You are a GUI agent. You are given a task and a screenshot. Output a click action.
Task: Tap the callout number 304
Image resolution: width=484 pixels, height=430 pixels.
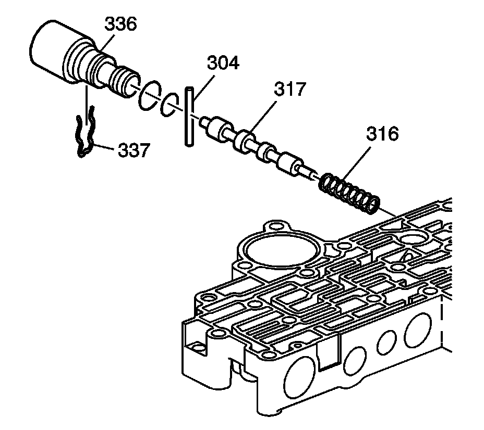(x=222, y=64)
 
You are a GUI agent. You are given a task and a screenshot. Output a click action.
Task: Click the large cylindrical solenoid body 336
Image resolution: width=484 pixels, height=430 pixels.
(x=57, y=52)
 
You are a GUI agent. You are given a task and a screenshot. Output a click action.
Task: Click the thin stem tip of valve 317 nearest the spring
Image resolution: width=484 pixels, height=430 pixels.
(x=311, y=175)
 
